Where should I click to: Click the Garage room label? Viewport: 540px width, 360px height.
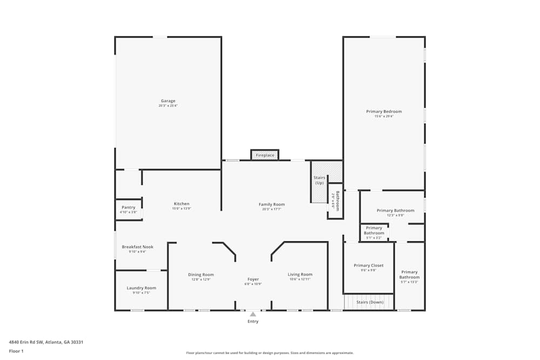pyautogui.click(x=168, y=101)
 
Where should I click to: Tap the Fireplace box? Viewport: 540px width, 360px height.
pyautogui.click(x=265, y=155)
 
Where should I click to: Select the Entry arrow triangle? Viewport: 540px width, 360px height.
pyautogui.click(x=253, y=314)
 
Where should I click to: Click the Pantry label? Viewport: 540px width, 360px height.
pyautogui.click(x=129, y=207)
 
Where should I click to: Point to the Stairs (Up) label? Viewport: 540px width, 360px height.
pyautogui.click(x=319, y=180)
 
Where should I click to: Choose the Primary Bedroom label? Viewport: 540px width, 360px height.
pyautogui.click(x=384, y=112)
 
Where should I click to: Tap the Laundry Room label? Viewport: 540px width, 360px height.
pyautogui.click(x=141, y=288)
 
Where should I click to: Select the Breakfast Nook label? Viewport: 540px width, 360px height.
pyautogui.click(x=137, y=247)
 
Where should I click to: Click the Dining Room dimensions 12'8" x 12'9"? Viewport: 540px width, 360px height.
pyautogui.click(x=201, y=280)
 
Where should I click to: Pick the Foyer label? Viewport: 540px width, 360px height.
pyautogui.click(x=253, y=279)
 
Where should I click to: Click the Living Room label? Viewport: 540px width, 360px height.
pyautogui.click(x=300, y=274)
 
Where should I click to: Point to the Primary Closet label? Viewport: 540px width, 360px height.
pyautogui.click(x=369, y=266)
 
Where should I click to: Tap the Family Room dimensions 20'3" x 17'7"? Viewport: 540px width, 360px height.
pyautogui.click(x=272, y=209)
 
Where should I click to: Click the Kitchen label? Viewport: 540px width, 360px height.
pyautogui.click(x=181, y=203)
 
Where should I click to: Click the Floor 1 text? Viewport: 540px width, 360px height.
pyautogui.click(x=16, y=351)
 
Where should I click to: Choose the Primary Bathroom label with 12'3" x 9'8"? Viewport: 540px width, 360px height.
pyautogui.click(x=395, y=210)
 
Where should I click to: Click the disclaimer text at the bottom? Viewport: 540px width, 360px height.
pyautogui.click(x=270, y=352)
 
